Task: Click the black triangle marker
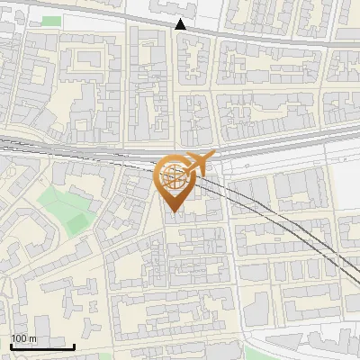[x=181, y=24]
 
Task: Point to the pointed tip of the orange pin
[x=173, y=212]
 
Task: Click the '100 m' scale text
[x=23, y=338]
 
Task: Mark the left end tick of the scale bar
[x=11, y=346]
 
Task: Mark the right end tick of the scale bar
[x=74, y=346]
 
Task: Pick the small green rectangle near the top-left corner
[x=51, y=21]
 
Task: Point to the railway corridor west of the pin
[x=72, y=151]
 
